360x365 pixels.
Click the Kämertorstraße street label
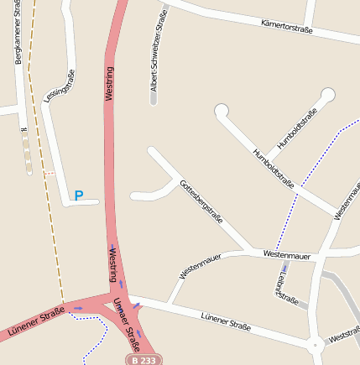[287, 27]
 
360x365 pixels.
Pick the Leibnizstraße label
[286, 285]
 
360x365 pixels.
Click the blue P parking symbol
[79, 196]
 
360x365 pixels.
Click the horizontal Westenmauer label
[286, 254]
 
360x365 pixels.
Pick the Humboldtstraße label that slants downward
[274, 168]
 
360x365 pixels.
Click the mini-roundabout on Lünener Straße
[316, 344]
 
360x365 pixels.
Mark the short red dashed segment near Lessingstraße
[48, 172]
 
